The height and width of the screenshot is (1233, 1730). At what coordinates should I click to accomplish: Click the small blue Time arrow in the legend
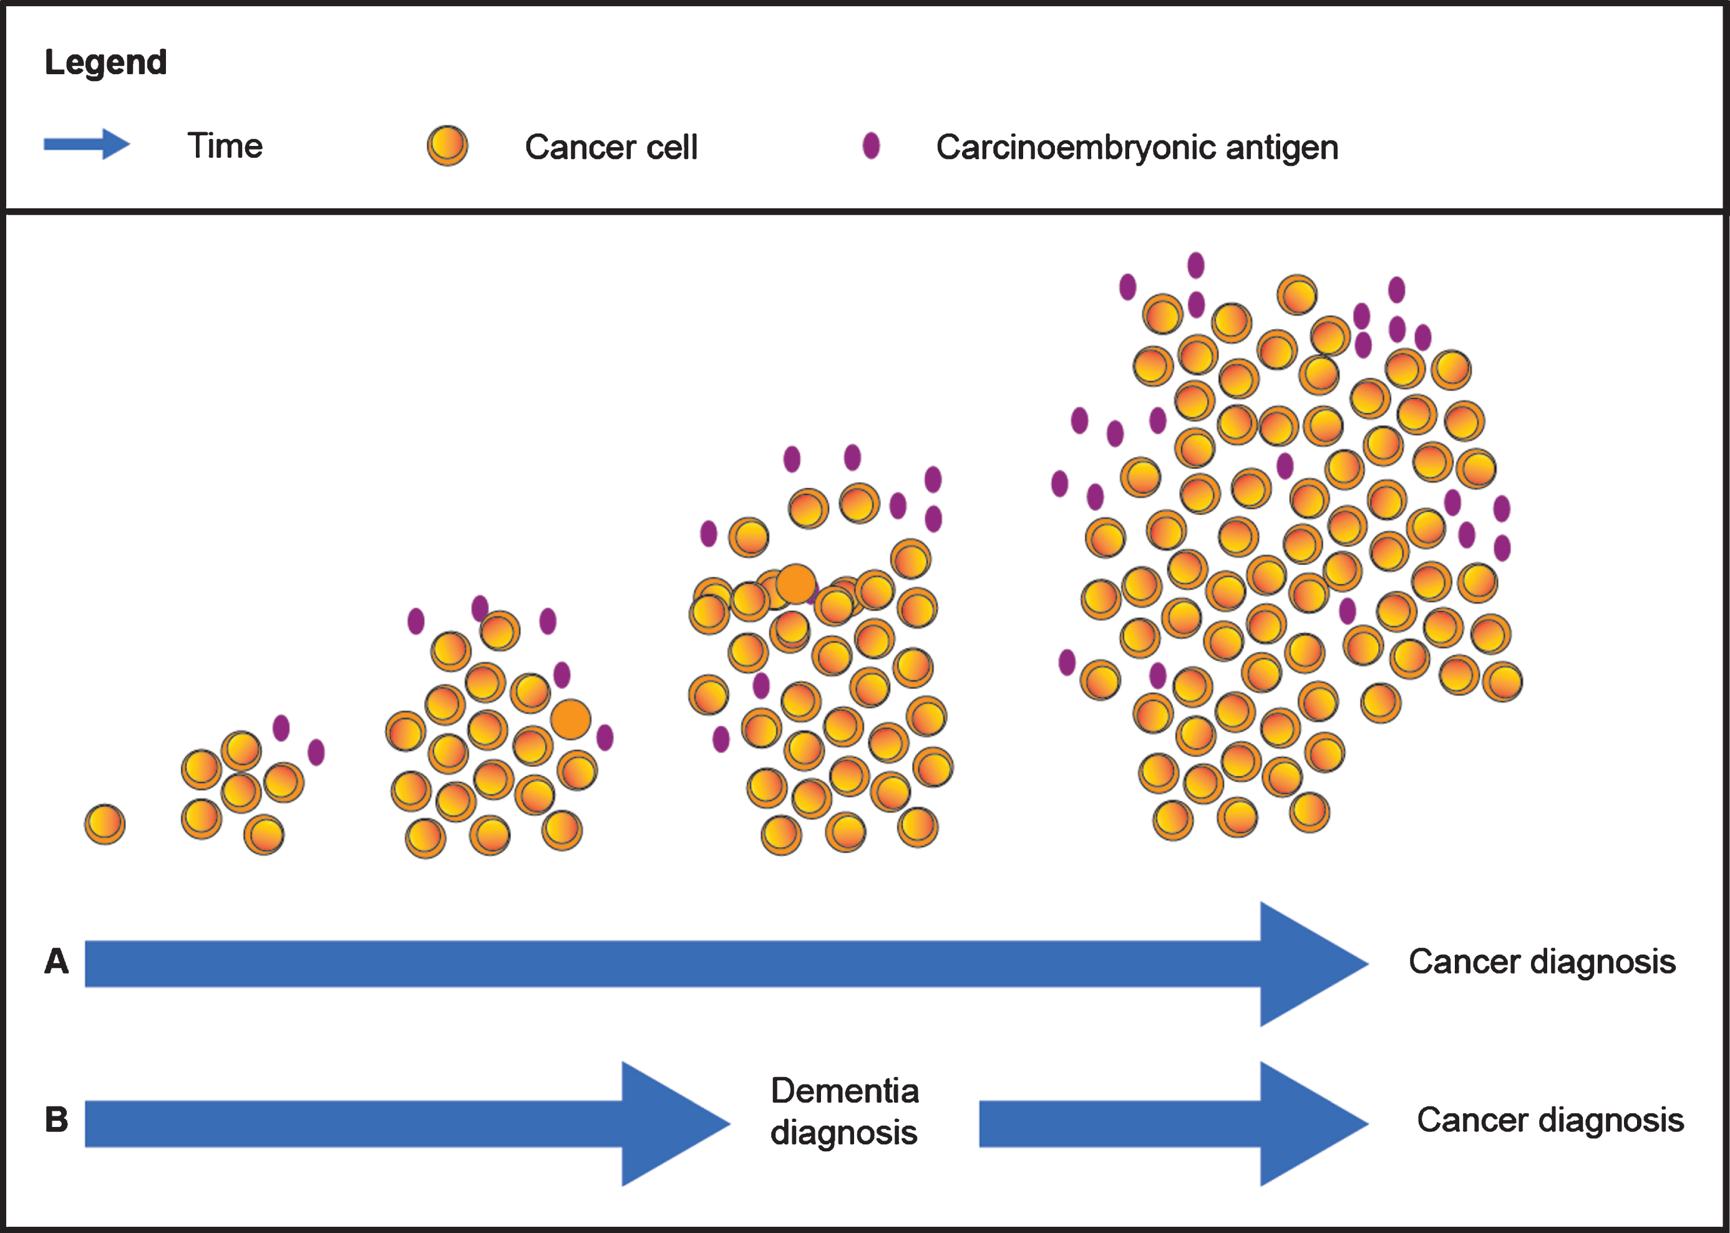tap(87, 144)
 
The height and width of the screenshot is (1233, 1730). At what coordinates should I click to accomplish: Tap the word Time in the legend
tap(225, 145)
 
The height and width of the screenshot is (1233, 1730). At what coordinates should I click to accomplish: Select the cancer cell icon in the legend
tap(447, 146)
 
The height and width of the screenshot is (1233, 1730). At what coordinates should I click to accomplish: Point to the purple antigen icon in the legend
tap(871, 146)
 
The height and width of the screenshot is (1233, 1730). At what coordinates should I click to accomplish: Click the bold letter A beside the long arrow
tap(56, 961)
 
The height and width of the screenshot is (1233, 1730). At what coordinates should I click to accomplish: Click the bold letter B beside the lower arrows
tap(56, 1120)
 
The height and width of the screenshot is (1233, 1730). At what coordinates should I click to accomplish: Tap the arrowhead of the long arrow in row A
tap(1315, 964)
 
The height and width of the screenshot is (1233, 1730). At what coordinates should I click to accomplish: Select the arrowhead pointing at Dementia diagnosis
tap(676, 1124)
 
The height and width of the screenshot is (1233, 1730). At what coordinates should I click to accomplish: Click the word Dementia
tap(845, 1091)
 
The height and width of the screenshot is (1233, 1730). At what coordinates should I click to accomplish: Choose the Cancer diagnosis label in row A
tap(1542, 962)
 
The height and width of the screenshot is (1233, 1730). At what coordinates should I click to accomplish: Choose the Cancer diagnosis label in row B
tap(1550, 1120)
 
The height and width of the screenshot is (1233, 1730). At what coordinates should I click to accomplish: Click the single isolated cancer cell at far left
tap(105, 824)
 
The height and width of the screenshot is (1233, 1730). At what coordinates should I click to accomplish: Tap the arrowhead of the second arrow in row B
tap(1315, 1124)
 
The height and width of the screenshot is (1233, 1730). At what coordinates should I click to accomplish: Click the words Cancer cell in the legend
tap(611, 147)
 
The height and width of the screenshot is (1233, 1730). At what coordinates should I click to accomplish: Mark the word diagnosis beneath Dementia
tap(843, 1133)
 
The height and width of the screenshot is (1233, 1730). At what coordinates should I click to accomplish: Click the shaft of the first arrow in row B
tap(353, 1124)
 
